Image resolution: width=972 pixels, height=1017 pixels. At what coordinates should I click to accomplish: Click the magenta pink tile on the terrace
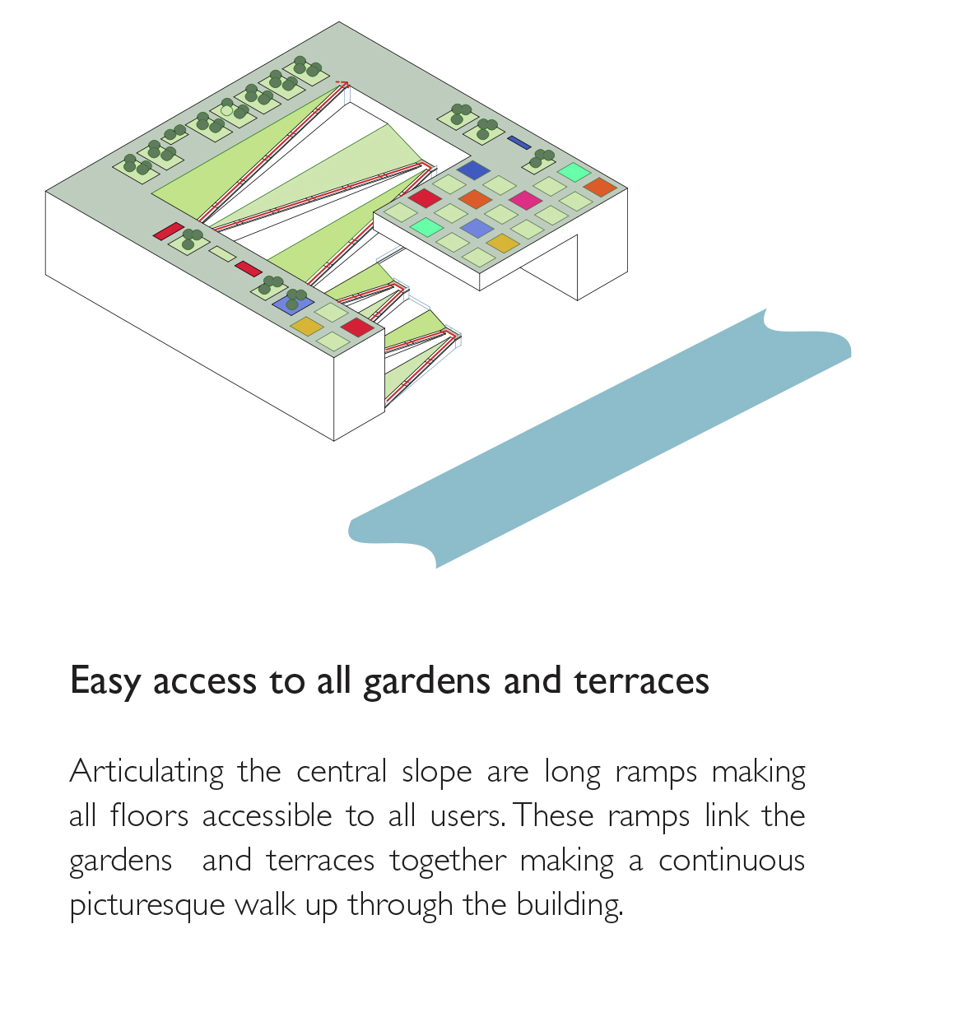524,200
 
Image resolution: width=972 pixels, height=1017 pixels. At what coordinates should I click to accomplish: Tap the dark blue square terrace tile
473,170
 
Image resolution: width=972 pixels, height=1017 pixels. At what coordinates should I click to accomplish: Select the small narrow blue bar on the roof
519,142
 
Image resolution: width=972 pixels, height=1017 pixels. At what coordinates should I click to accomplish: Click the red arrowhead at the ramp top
344,83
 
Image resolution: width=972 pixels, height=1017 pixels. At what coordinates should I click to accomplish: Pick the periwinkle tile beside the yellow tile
477,228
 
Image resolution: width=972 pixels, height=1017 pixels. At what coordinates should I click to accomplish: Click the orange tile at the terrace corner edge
600,187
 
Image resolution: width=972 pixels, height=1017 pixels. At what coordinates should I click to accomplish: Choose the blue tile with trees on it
292,302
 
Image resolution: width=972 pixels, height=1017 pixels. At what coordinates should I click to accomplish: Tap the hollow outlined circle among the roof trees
227,110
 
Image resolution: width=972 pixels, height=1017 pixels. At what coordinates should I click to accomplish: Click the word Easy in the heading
105,681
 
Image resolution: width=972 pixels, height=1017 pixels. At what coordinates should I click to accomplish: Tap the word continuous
732,861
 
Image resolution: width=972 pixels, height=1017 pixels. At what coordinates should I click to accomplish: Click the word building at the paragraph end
569,905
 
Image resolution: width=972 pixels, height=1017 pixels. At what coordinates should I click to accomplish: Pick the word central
341,773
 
